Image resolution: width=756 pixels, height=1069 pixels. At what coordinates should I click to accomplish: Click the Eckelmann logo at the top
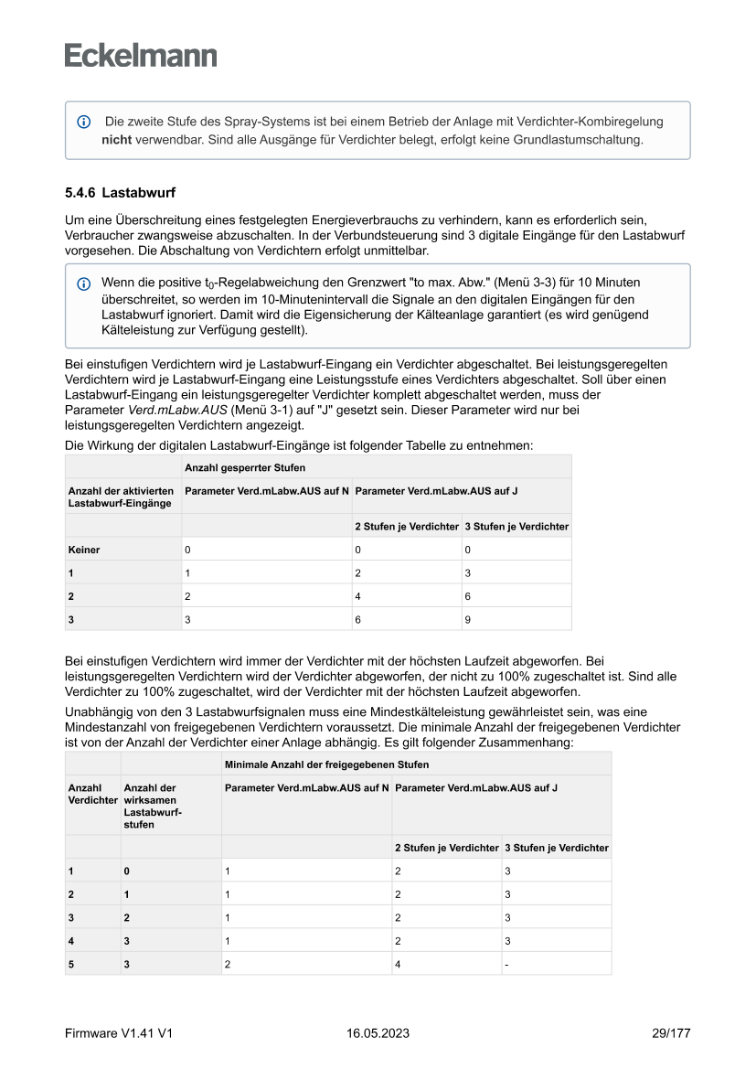point(141,55)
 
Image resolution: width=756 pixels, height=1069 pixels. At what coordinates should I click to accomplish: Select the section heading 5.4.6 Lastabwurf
point(120,194)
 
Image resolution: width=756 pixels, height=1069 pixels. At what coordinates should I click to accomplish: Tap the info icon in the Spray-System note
point(84,122)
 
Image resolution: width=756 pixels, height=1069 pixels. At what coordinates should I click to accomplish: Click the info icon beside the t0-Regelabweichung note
point(84,284)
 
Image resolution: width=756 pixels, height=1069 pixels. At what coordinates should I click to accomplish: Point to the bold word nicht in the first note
point(117,140)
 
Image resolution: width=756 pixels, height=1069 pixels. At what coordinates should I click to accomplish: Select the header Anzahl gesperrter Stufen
point(232,467)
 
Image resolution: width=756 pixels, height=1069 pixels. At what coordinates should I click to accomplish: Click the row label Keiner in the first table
point(84,551)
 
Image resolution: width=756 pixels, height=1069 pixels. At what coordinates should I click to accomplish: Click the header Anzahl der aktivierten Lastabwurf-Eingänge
point(122,497)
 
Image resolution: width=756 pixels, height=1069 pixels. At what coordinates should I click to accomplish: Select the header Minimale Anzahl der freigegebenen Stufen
point(326,764)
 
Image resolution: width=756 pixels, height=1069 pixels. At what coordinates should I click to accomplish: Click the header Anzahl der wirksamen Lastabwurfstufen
point(152,806)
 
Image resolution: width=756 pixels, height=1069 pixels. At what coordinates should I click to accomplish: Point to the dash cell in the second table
point(506,964)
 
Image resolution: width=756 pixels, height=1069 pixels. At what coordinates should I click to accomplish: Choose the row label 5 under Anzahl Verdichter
point(71,964)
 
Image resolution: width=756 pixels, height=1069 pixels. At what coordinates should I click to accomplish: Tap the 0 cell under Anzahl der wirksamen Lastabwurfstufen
point(127,871)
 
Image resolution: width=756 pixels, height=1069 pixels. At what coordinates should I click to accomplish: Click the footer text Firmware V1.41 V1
point(119,1033)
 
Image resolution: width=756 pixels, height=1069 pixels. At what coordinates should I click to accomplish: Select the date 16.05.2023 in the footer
point(378,1033)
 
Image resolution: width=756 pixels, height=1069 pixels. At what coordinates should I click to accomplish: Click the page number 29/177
point(670,1033)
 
